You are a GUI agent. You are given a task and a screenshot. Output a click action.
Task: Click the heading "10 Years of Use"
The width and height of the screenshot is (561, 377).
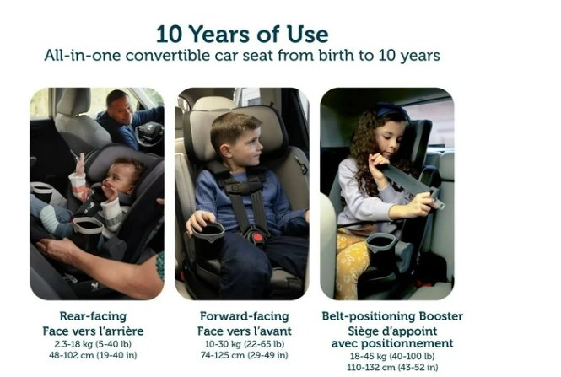tap(242, 35)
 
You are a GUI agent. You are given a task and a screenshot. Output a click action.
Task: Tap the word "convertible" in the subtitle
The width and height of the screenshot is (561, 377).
tap(168, 56)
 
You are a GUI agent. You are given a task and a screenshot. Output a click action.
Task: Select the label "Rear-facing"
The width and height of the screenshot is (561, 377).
tap(93, 316)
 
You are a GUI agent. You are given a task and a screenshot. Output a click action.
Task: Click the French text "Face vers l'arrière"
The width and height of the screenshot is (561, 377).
tap(93, 331)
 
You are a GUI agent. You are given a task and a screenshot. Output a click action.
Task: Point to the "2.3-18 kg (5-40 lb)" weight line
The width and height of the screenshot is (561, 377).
tap(93, 344)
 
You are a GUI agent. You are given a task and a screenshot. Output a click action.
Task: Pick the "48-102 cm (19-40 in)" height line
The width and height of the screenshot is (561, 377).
tap(93, 355)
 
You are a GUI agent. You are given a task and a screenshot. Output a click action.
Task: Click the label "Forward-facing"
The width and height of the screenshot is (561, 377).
tap(245, 316)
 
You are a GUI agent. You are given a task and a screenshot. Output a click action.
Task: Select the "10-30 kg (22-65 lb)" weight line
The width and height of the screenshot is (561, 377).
tap(245, 344)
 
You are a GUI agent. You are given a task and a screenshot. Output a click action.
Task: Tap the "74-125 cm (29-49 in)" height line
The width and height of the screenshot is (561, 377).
tap(245, 355)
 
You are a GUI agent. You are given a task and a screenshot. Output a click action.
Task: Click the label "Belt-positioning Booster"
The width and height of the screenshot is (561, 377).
tap(392, 316)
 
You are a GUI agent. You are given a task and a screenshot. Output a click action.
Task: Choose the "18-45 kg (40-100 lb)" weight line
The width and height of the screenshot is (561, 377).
tap(392, 356)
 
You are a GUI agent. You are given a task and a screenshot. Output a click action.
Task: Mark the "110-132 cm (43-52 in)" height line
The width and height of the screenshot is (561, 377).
tap(392, 368)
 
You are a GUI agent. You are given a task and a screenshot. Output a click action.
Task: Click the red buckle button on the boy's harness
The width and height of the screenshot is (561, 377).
tap(259, 237)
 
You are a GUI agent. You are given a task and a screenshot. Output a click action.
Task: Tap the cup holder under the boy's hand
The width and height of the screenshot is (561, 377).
tap(208, 232)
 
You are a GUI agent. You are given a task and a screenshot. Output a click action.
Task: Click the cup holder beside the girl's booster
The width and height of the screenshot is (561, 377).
tap(380, 243)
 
